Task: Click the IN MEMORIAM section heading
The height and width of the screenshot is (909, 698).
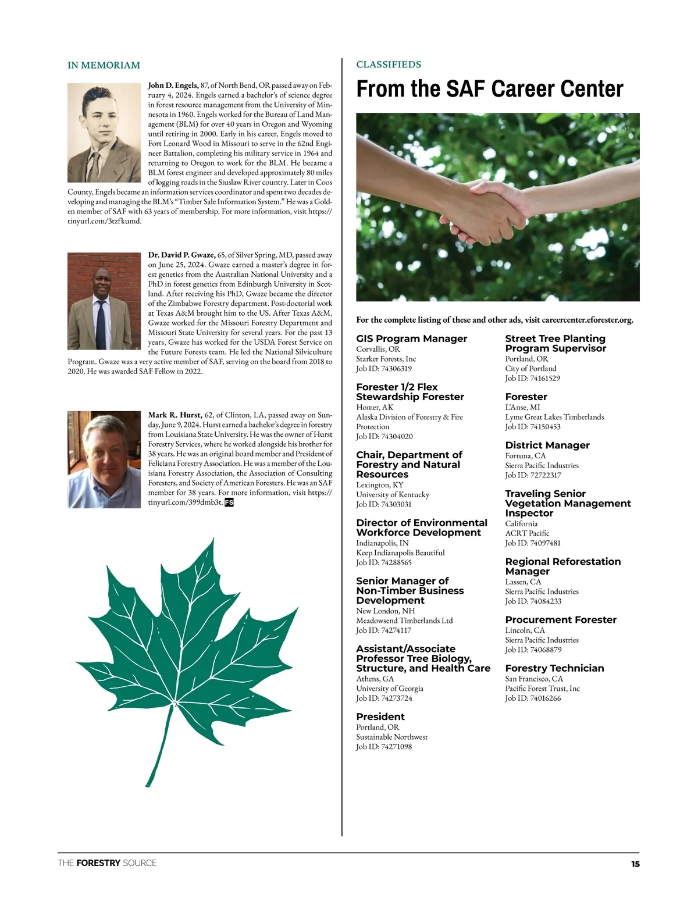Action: click(x=104, y=65)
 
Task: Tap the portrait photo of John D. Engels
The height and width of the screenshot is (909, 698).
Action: click(x=104, y=133)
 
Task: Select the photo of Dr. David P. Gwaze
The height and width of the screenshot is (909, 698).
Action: click(x=104, y=301)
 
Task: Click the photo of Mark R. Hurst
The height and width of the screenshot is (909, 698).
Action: click(x=104, y=459)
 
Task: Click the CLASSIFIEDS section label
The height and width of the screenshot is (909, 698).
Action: click(x=389, y=65)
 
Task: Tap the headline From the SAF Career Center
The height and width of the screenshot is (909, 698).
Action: click(x=489, y=89)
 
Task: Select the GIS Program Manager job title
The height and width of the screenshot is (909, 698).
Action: click(x=411, y=338)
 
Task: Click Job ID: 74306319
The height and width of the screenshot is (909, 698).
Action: click(x=384, y=369)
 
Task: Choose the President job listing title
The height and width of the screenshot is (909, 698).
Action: click(x=380, y=716)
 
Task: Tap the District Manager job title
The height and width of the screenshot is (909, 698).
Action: click(x=547, y=445)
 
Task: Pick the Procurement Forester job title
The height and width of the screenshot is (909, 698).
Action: click(x=560, y=620)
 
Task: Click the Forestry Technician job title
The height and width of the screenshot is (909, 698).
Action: click(x=554, y=668)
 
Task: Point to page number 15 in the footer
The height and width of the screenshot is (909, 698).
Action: click(x=635, y=864)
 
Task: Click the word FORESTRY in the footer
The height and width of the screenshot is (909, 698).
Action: click(x=98, y=863)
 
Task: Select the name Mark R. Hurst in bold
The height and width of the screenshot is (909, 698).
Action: click(x=174, y=415)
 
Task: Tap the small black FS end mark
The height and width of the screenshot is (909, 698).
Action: click(x=229, y=502)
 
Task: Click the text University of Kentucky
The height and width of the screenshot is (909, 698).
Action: click(x=393, y=495)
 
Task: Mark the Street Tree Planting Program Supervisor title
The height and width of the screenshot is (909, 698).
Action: click(x=555, y=343)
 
